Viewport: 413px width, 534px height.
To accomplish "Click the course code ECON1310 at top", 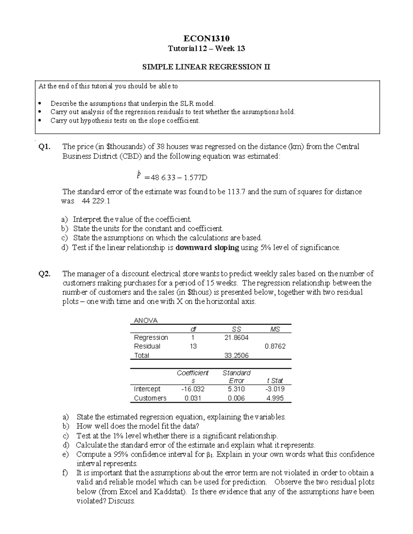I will coord(206,38).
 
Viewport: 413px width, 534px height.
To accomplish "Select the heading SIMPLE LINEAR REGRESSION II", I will coord(206,67).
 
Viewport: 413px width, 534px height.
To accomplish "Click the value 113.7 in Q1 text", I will coord(236,192).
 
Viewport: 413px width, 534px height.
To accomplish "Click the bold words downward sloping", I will coord(207,248).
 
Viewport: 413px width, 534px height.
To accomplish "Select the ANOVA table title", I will coord(145,320).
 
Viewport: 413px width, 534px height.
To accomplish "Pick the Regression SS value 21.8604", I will coord(236,338).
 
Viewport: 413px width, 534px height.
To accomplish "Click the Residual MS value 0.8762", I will coord(275,346).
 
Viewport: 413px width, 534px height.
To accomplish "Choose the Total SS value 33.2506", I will coord(236,356).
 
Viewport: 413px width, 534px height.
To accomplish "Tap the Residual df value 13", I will coord(193,346).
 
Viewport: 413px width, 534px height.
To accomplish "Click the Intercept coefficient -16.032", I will coord(193,389).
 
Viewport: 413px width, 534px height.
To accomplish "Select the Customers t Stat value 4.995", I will coord(275,398).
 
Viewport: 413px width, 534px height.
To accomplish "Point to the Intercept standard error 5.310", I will coord(236,389).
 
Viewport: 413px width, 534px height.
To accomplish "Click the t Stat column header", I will coord(275,381).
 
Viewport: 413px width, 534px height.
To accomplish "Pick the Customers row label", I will coord(150,398).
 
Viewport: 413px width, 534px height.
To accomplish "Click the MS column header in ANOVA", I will coord(275,329).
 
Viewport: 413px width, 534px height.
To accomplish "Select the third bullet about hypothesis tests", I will coord(125,121).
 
